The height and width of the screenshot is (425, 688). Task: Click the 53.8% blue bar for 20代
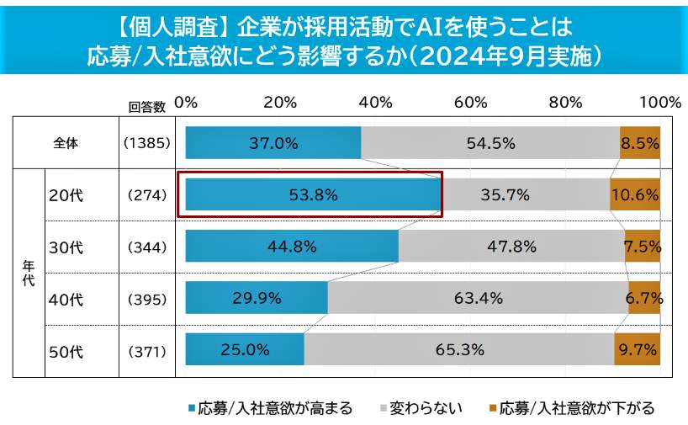(x=313, y=194)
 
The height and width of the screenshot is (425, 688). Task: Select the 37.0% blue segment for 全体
(x=273, y=142)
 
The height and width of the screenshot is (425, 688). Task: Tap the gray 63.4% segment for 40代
(x=478, y=298)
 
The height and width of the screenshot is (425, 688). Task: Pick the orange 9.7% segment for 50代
(x=638, y=349)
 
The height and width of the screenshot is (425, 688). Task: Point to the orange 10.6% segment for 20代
(x=635, y=194)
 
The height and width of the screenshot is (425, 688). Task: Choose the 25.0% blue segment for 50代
(x=245, y=349)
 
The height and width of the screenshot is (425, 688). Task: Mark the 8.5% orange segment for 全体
(x=639, y=142)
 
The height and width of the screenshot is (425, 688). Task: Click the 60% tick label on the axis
(x=470, y=103)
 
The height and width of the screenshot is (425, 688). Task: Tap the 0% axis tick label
(x=185, y=103)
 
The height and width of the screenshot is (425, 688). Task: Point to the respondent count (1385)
(x=147, y=143)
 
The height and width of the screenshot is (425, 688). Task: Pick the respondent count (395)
(x=147, y=299)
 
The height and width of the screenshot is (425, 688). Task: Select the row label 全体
(x=66, y=143)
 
